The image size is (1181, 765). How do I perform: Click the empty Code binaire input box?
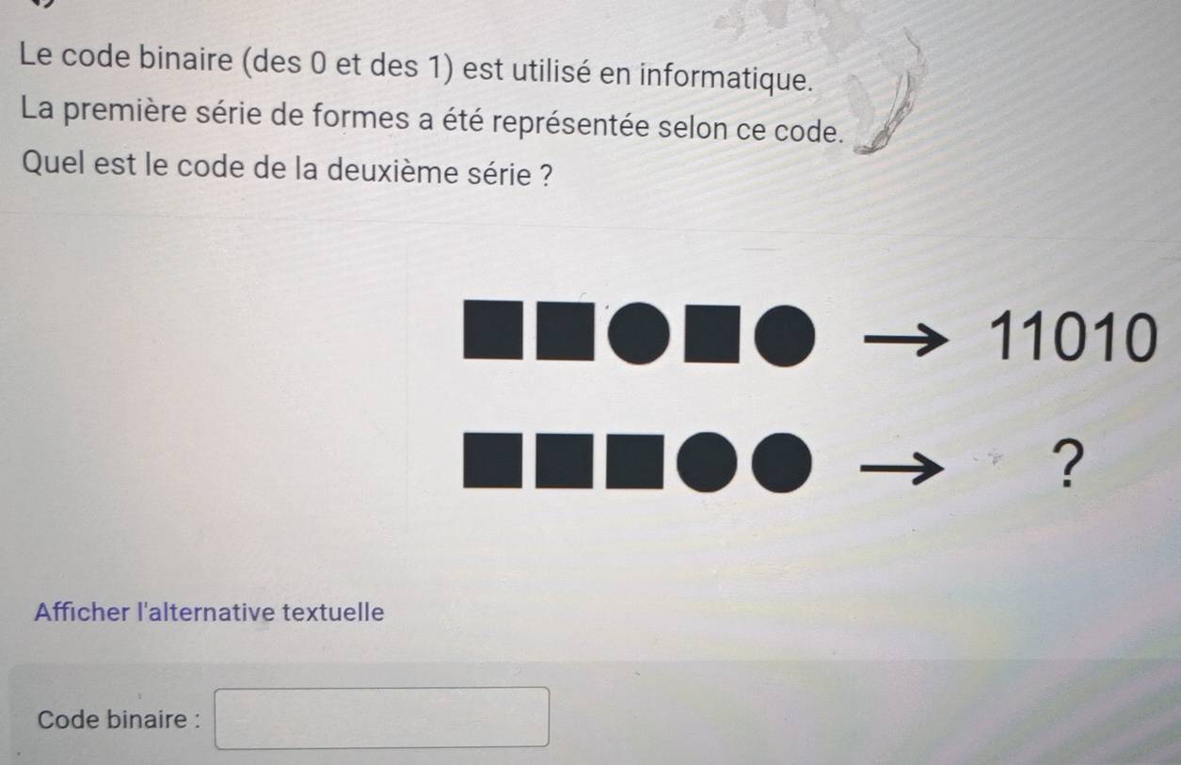pos(382,718)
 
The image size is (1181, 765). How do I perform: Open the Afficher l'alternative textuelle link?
pos(209,613)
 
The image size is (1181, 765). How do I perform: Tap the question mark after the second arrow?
pos(1068,464)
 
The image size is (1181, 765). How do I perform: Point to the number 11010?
pos(1073,338)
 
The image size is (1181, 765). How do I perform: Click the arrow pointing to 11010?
pos(905,340)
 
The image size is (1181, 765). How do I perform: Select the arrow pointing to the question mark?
pos(902,468)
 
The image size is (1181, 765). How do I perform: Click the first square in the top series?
pos(493,330)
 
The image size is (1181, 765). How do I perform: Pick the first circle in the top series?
pos(638,333)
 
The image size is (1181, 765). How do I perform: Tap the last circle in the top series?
pos(785,336)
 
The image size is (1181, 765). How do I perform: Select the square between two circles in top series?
pos(711,334)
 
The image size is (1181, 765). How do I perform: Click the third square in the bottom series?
pos(635,462)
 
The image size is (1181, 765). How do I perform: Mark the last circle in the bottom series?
pos(781,463)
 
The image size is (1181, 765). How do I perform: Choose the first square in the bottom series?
pos(493,460)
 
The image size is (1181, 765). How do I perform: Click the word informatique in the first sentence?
pos(726,77)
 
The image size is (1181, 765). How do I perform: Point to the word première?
pos(125,111)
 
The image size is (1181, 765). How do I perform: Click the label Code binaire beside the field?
pos(120,719)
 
